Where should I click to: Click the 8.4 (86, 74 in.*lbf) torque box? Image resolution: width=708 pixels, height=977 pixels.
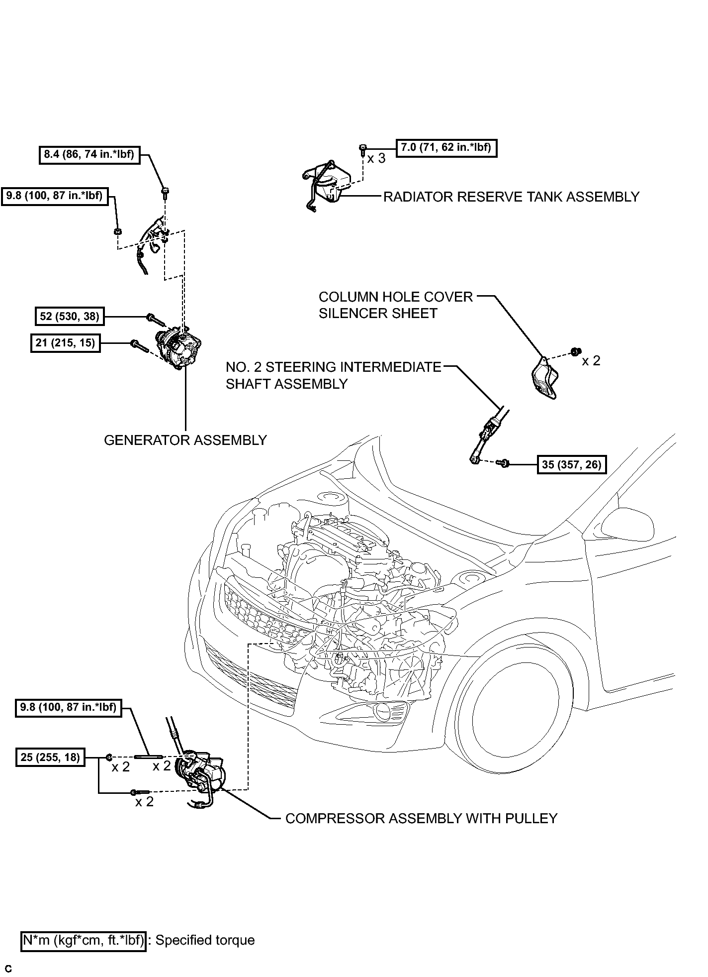point(89,154)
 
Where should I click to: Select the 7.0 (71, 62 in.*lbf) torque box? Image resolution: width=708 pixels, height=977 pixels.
point(446,147)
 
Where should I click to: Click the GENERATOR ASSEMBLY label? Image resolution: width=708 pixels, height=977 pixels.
point(185,440)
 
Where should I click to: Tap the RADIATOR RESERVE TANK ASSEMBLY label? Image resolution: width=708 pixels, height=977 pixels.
point(511,197)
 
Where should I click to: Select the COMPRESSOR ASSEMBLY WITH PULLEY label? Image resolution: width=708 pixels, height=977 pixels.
point(422,818)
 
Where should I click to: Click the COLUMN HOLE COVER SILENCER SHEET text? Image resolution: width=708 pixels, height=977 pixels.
point(396,305)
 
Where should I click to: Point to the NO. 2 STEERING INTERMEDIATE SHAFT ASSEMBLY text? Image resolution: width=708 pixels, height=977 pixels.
point(334,375)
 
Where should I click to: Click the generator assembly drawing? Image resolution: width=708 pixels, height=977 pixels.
point(179,350)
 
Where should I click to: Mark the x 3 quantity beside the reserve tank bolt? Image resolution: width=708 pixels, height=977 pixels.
point(376,159)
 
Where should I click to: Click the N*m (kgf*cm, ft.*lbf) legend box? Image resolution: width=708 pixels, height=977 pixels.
point(84,940)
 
